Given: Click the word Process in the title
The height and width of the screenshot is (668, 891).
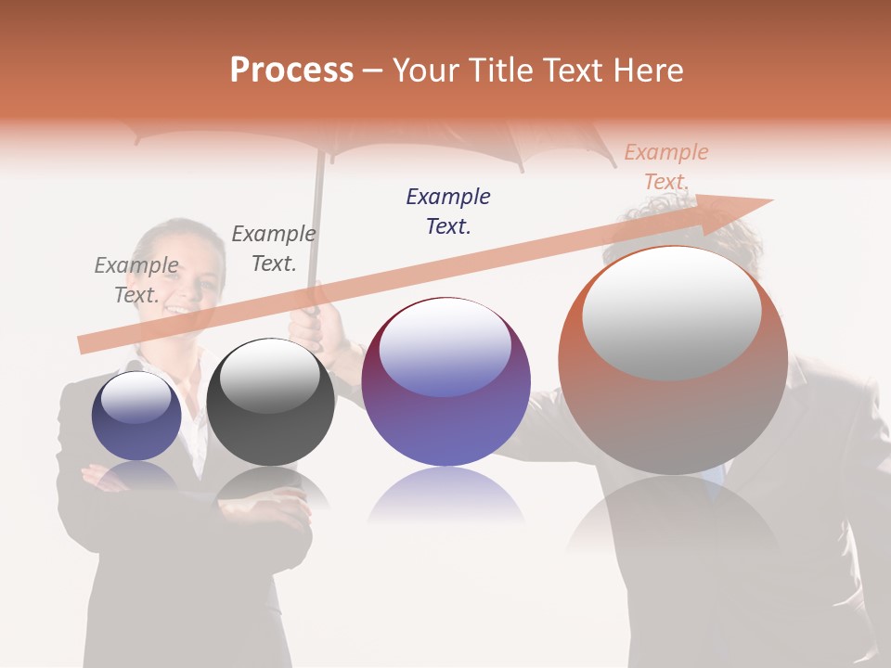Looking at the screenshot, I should coord(291,71).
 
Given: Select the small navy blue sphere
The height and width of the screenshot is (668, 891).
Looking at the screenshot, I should coord(136,417).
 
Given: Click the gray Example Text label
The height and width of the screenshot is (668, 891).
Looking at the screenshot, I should coord(136,279).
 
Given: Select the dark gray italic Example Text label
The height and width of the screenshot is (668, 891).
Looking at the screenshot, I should coord(274,248).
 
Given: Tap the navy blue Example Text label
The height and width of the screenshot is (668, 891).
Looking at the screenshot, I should coord(448,211).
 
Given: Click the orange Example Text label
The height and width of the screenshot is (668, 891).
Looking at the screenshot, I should coord(666,166).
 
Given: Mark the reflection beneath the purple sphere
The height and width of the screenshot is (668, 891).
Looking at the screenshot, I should coord(445,495).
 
